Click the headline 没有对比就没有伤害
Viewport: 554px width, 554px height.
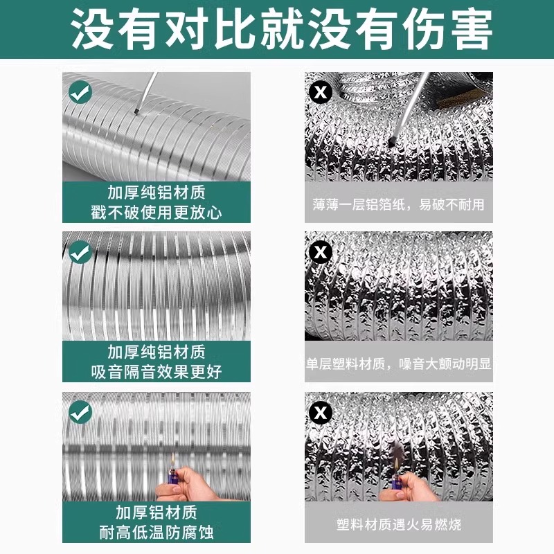tap(277, 28)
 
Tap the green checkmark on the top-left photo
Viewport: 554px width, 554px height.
tap(81, 91)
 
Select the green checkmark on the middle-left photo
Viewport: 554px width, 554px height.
tap(81, 250)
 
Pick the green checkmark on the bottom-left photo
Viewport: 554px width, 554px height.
tap(81, 412)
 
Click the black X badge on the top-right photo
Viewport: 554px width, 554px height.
tap(319, 91)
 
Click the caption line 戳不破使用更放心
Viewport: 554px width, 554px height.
tap(156, 211)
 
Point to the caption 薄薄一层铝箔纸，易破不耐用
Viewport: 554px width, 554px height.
tap(398, 205)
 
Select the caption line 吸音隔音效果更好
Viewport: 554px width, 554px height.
tap(156, 371)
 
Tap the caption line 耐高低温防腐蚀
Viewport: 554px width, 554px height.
tap(156, 532)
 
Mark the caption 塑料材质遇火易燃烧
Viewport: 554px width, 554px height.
tap(398, 524)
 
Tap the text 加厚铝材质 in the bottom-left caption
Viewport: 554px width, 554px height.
tap(156, 512)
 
